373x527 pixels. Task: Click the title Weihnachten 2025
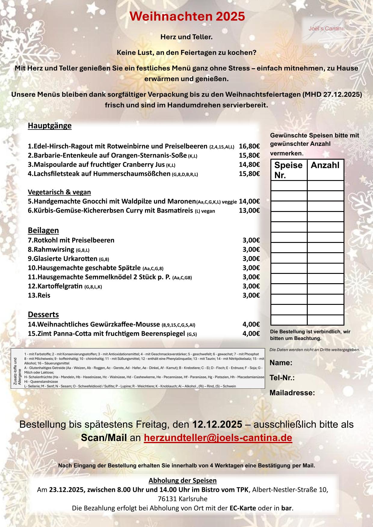187,17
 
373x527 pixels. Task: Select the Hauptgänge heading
50,126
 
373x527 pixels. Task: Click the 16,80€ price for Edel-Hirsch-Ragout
249,146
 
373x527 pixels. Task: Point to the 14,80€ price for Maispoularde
249,165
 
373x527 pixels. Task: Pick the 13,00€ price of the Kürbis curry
249,210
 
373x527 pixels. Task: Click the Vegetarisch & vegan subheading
59,192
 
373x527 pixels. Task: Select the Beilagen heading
43,230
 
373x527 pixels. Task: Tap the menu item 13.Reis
39,295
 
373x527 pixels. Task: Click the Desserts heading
43,314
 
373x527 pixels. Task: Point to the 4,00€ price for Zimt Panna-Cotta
251,333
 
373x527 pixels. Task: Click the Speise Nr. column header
288,170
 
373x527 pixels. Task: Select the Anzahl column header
325,165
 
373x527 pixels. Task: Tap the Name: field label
281,363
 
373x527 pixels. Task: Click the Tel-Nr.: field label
282,378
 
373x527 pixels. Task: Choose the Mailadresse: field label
292,393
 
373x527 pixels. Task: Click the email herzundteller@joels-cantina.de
218,438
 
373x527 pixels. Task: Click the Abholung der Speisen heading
183,480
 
